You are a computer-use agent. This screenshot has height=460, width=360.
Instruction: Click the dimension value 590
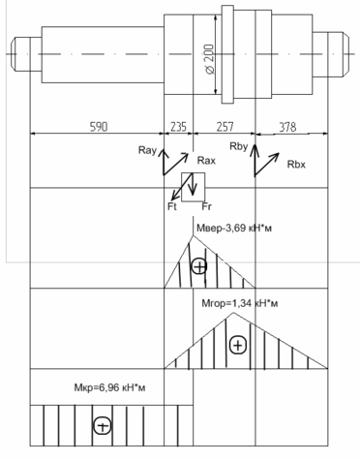[99, 127]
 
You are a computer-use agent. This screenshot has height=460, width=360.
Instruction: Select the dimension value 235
[178, 127]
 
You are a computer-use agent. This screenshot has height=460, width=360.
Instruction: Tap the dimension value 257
[225, 127]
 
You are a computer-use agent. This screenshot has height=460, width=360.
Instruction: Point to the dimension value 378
[287, 127]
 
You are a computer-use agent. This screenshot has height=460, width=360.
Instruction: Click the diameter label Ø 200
[210, 59]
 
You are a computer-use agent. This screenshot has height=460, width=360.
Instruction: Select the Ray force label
[147, 150]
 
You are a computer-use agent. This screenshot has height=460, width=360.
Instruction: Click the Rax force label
[206, 161]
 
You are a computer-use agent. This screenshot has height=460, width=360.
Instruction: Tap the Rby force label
[239, 146]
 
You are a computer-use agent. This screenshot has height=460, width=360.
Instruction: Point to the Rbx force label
[296, 165]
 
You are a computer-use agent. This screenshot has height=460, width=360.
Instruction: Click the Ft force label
[172, 206]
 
